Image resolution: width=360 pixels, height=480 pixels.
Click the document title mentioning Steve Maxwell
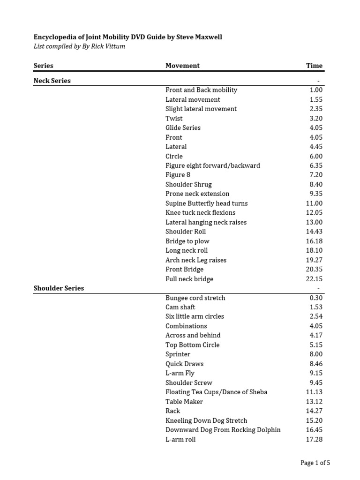[x=127, y=37]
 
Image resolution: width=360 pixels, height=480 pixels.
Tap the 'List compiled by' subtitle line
[x=79, y=46]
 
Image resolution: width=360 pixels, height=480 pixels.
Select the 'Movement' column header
[x=182, y=66]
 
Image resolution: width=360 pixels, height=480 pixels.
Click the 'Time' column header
[x=314, y=66]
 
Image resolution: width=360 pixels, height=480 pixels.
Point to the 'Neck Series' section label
[x=52, y=81]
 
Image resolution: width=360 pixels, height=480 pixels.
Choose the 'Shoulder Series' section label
[x=59, y=288]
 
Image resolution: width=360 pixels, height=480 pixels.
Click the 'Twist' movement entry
[x=174, y=118]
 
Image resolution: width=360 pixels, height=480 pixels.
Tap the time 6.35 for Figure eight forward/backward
[x=316, y=165]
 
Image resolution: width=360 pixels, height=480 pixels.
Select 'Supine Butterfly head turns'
[x=206, y=203]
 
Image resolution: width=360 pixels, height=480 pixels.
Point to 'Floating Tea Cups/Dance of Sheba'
[x=216, y=392]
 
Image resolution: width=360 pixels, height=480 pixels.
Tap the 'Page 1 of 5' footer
[x=315, y=463]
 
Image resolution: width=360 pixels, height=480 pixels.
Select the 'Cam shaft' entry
[x=180, y=307]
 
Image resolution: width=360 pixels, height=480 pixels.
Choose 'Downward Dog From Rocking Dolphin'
[x=223, y=430]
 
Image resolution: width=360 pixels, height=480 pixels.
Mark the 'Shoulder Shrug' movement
[x=188, y=184]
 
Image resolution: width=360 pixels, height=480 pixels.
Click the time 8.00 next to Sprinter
[x=316, y=354]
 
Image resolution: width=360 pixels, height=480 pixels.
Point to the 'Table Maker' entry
[x=184, y=401]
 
